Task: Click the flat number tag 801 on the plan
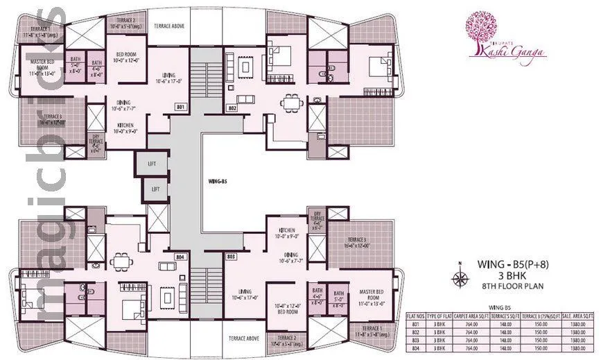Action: point(181,108)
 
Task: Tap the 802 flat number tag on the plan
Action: point(232,108)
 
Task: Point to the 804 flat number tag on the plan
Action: point(182,257)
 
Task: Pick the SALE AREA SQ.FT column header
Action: point(578,315)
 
